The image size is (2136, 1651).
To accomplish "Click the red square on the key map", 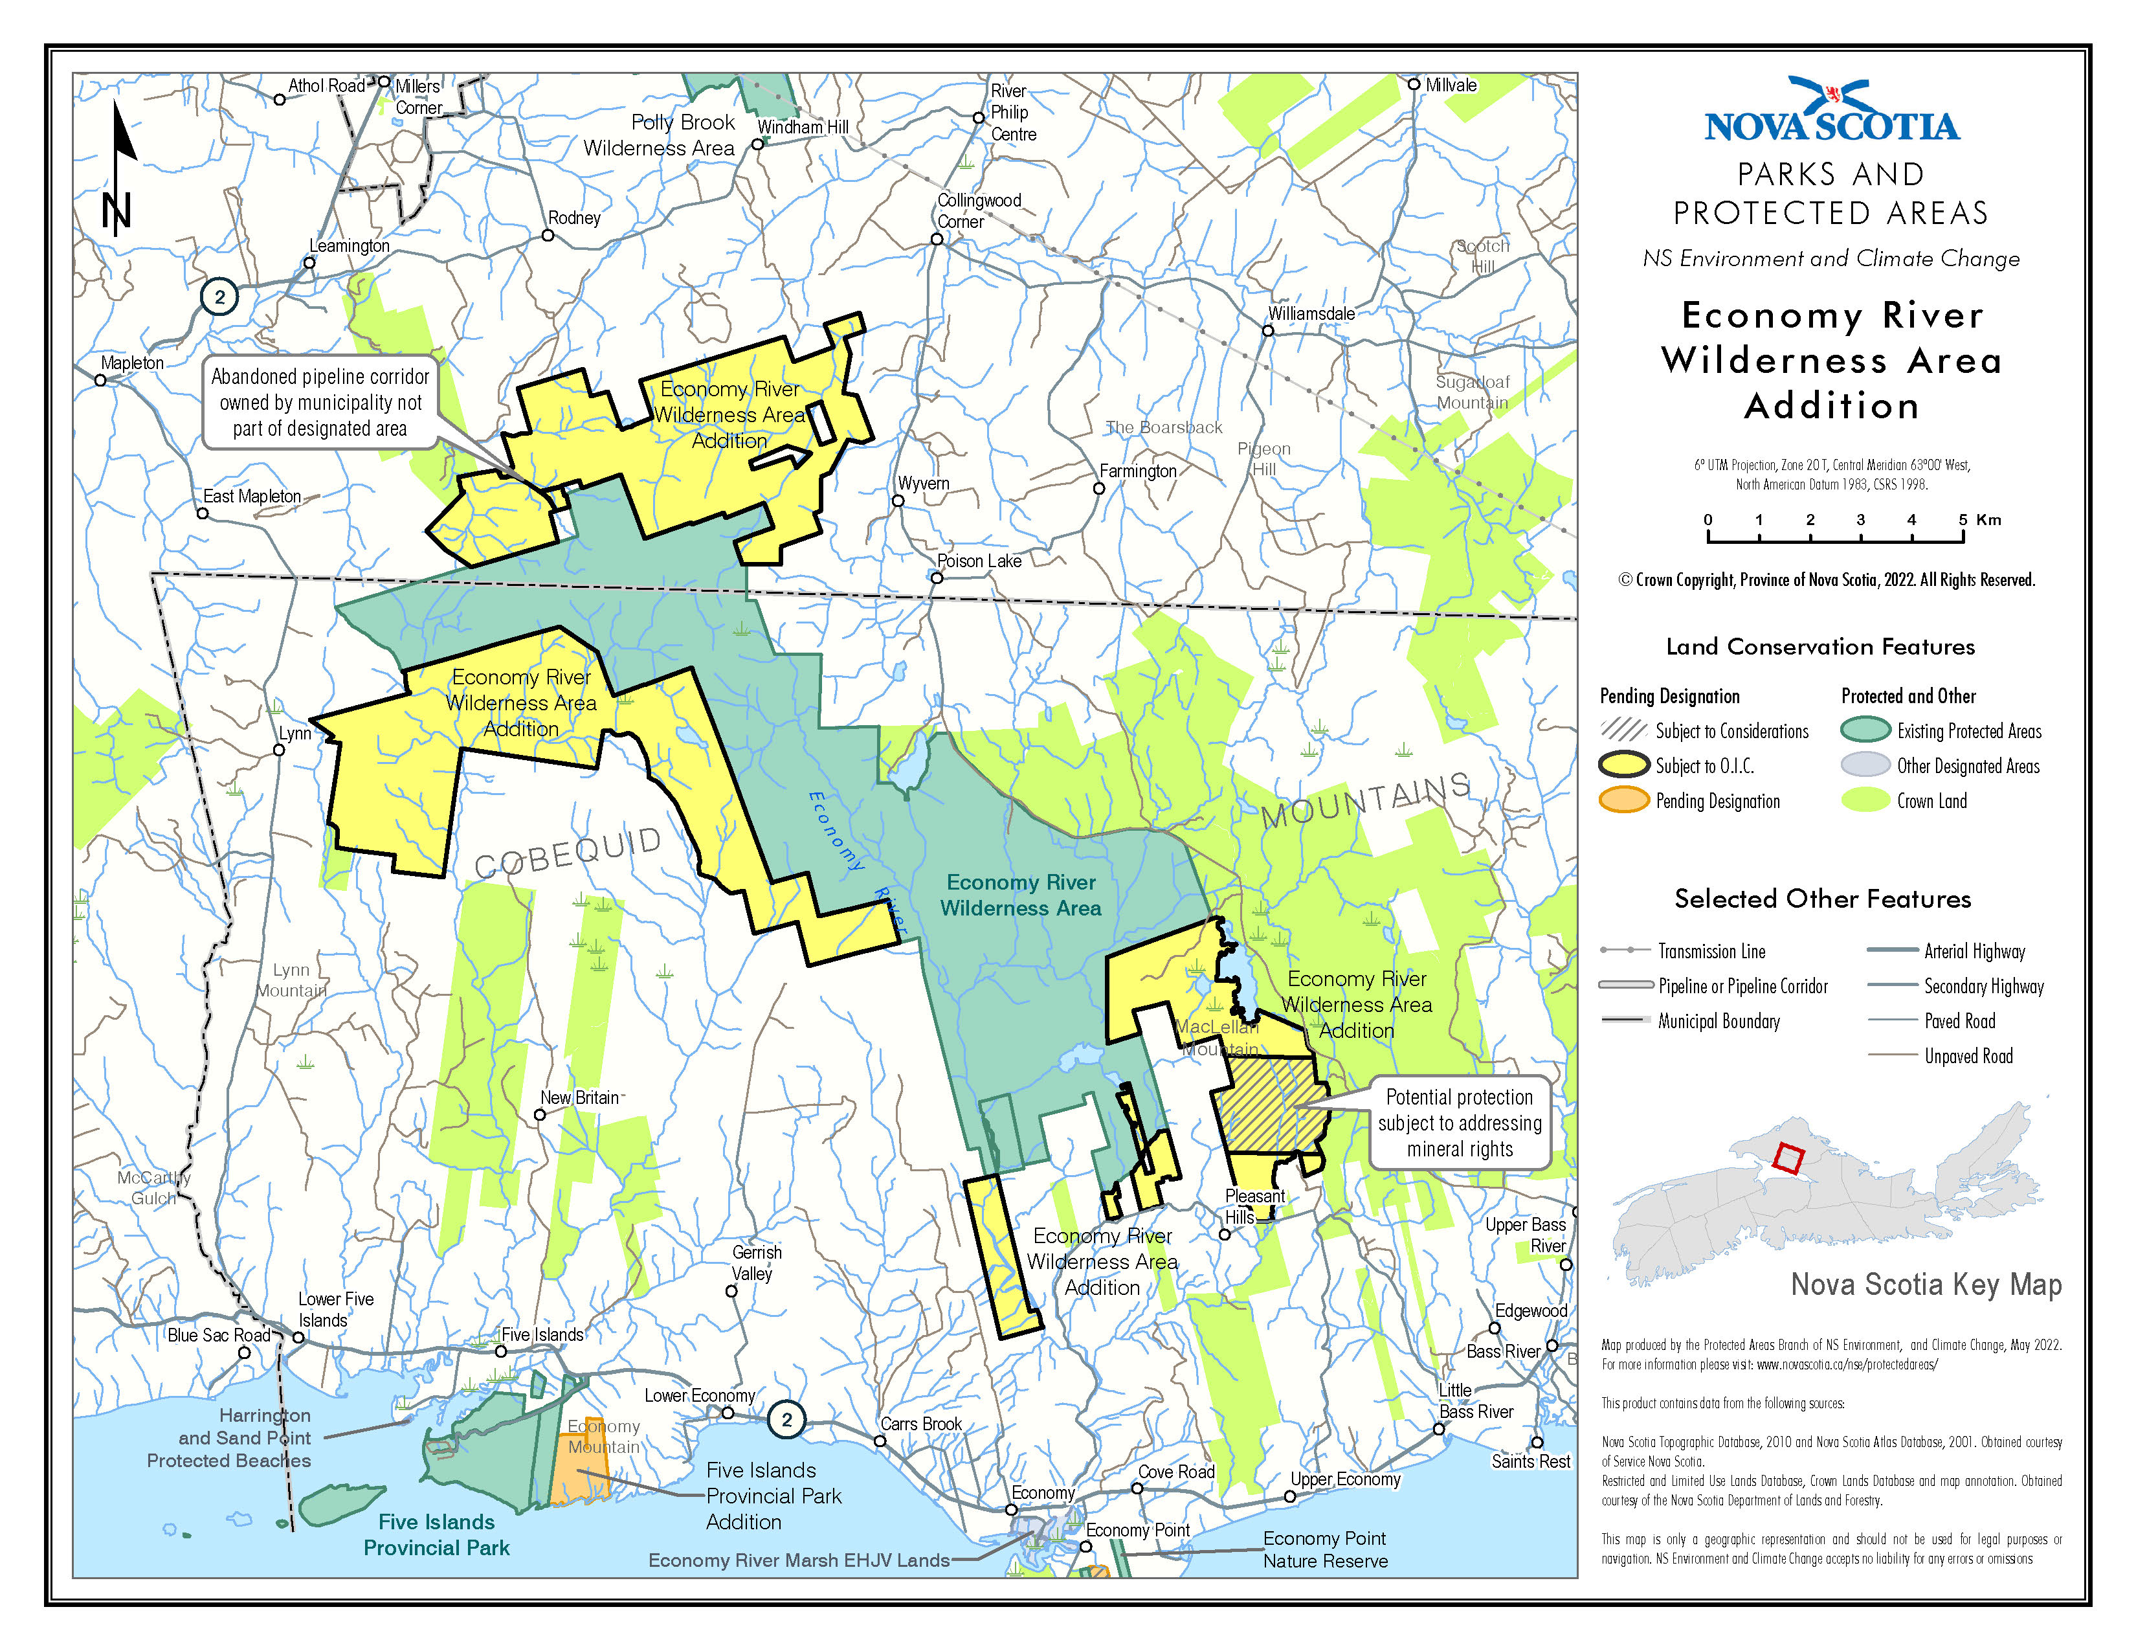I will (1787, 1158).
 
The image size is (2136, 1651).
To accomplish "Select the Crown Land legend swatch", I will (1864, 800).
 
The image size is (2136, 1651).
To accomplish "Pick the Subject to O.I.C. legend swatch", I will (1623, 765).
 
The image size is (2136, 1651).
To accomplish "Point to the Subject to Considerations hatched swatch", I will (1623, 730).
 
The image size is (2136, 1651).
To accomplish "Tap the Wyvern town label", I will (923, 483).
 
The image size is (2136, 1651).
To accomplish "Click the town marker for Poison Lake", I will (936, 578).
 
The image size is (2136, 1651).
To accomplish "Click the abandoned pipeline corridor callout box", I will (320, 402).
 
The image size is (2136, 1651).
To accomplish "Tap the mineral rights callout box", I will (1459, 1123).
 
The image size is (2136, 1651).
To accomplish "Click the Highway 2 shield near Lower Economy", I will (786, 1419).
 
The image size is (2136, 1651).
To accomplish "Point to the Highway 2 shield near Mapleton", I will (219, 297).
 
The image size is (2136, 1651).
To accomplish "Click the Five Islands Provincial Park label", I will (436, 1534).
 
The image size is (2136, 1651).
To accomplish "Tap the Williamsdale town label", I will (1311, 313).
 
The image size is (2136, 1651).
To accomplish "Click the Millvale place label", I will (1451, 85).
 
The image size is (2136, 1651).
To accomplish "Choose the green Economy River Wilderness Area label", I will (1020, 895).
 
